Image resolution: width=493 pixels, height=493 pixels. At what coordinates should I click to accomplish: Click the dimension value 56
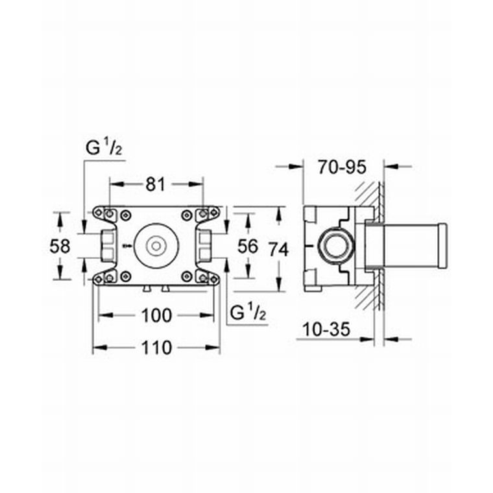coord(248,246)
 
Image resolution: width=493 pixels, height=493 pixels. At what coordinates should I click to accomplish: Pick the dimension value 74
coord(280,248)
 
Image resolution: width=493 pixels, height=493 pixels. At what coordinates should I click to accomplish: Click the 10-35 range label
coord(326,330)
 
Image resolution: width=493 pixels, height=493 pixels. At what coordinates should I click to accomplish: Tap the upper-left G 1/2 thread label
coord(104,148)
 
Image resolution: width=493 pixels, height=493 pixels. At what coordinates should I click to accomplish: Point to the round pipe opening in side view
coord(336,246)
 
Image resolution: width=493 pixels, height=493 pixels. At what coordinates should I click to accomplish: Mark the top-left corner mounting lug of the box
coord(106,213)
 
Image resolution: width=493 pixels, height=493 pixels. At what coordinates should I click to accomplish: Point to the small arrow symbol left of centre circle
coord(126,246)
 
